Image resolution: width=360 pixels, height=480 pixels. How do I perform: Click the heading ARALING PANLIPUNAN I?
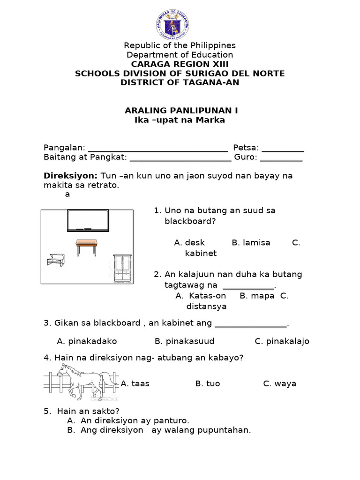point(181,111)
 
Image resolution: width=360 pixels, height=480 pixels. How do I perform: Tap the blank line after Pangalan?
point(157,148)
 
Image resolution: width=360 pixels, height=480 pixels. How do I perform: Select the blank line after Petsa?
point(283,148)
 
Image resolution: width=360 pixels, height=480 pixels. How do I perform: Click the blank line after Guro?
point(281,157)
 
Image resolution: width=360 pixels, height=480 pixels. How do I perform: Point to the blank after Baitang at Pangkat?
point(180,157)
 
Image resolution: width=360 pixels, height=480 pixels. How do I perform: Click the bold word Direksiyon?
point(70,176)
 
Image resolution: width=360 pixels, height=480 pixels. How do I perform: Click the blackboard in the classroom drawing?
point(88,220)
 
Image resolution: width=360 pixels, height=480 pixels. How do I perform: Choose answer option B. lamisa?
point(251,243)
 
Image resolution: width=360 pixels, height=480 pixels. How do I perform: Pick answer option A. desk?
point(189,243)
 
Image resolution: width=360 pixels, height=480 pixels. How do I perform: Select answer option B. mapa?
point(257,296)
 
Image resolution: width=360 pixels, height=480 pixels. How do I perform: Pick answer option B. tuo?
point(208,383)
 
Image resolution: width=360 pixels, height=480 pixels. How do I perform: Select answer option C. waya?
point(280,383)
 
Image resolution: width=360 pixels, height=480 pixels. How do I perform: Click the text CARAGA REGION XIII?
point(180,64)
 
